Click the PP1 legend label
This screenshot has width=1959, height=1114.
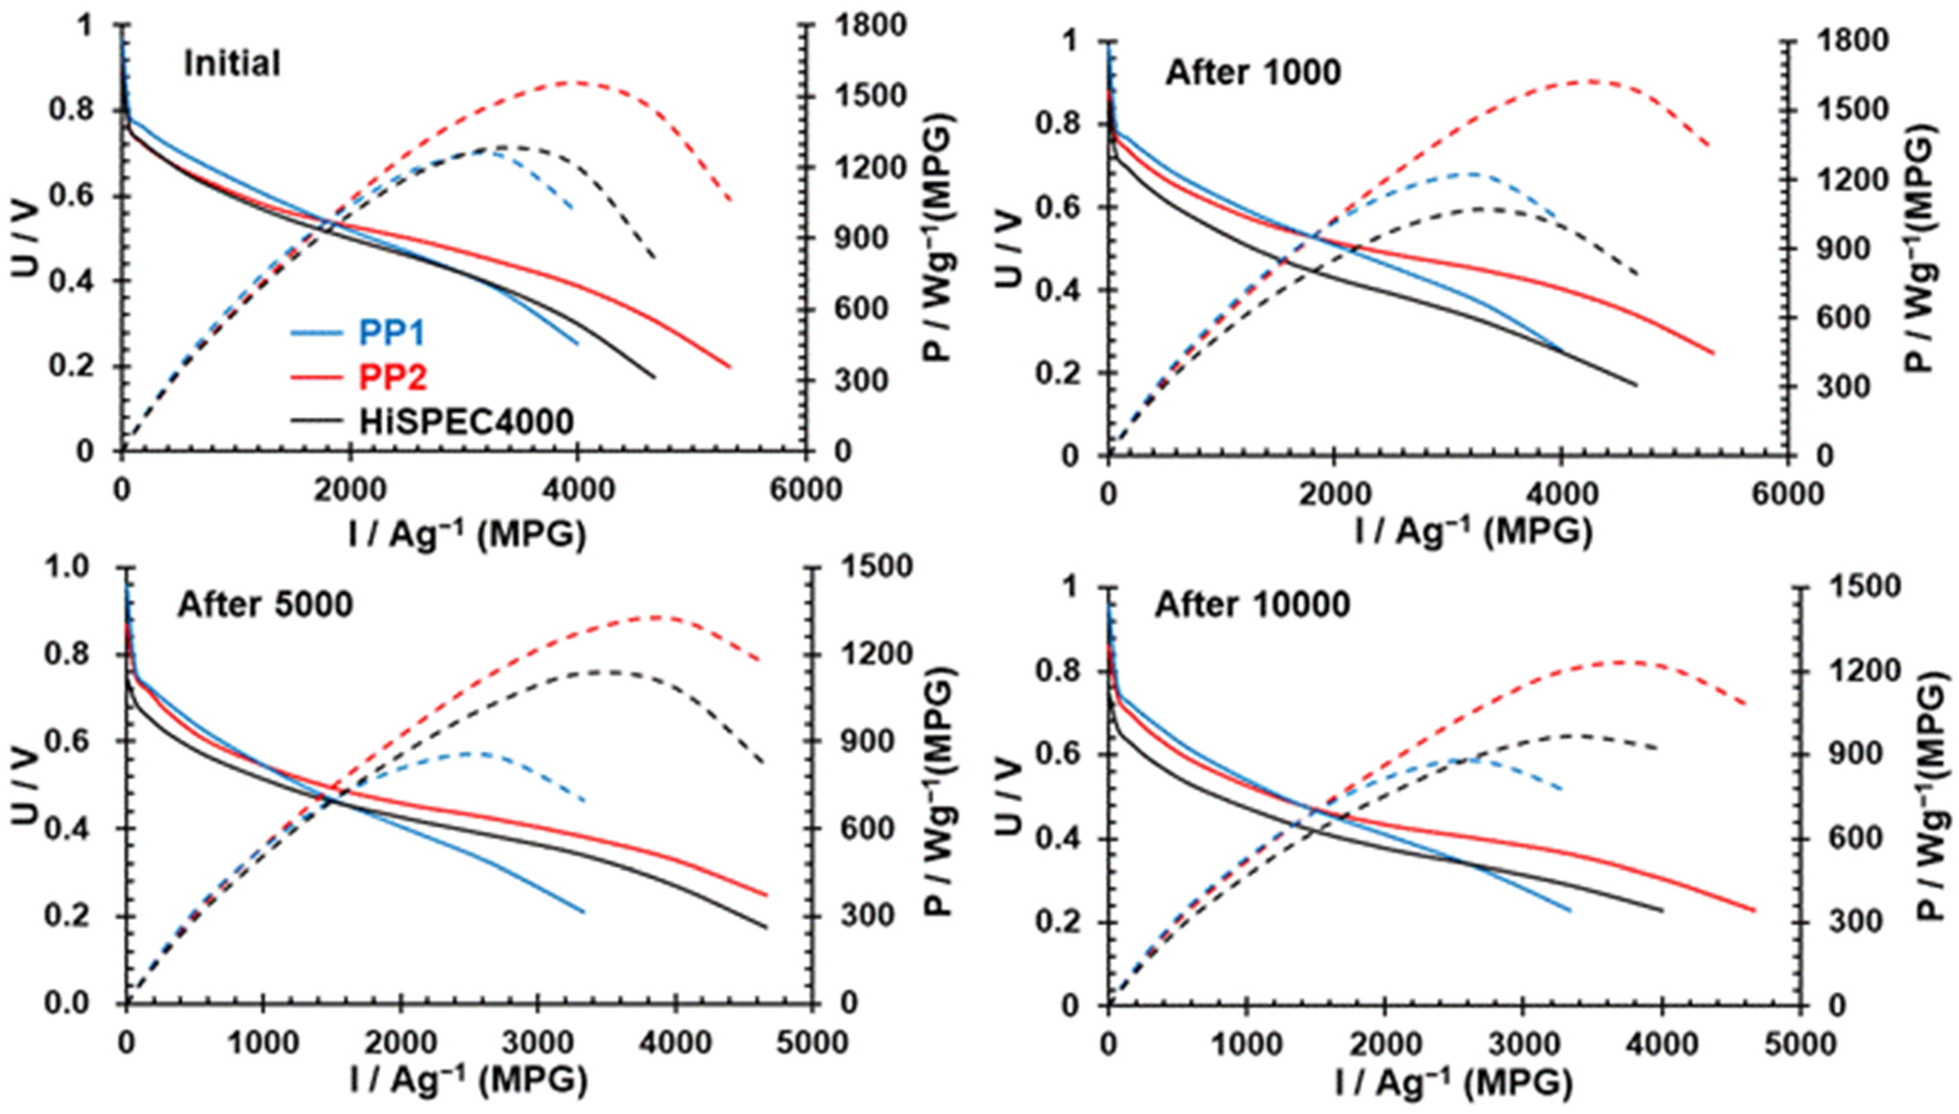tap(392, 333)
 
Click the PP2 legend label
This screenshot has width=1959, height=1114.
tap(392, 377)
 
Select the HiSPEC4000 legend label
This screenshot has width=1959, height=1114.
tap(467, 422)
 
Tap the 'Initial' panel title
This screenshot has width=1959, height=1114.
tap(232, 64)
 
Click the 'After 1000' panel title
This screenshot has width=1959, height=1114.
tap(1253, 73)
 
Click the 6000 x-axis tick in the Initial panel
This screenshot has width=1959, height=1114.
tap(805, 490)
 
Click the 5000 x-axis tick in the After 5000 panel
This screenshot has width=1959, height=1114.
tap(812, 1042)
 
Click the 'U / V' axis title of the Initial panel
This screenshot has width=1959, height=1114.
tap(25, 237)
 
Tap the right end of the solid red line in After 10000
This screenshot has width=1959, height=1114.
tap(1755, 910)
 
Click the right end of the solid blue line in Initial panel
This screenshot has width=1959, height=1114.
tap(577, 344)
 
